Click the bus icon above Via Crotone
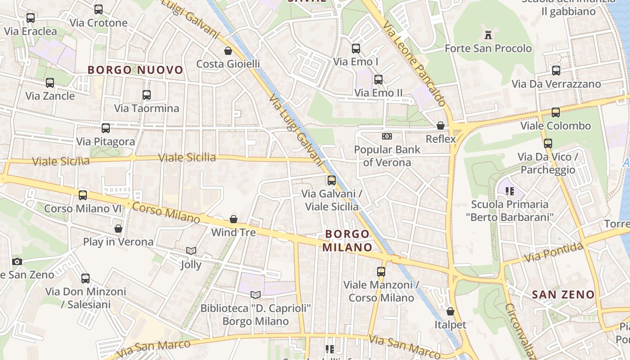pyautogui.click(x=99, y=9)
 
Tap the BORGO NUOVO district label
pyautogui.click(x=135, y=70)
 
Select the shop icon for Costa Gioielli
pyautogui.click(x=228, y=50)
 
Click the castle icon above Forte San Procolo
pyautogui.click(x=488, y=35)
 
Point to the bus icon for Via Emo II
pyautogui.click(x=378, y=80)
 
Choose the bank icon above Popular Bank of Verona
pyautogui.click(x=387, y=136)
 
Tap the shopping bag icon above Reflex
pyautogui.click(x=441, y=126)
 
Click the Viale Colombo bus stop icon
pyautogui.click(x=556, y=112)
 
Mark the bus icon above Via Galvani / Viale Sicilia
pyautogui.click(x=332, y=180)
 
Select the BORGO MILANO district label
pyautogui.click(x=347, y=241)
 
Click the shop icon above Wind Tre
pyautogui.click(x=234, y=219)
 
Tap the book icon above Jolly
pyautogui.click(x=191, y=251)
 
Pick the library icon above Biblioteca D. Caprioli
pyautogui.click(x=256, y=295)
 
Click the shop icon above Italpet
pyautogui.click(x=450, y=311)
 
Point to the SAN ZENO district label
pyautogui.click(x=563, y=295)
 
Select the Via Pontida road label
pyautogui.click(x=554, y=253)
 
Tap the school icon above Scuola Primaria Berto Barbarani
pyautogui.click(x=510, y=191)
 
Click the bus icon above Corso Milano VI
pyautogui.click(x=83, y=195)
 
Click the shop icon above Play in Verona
pyautogui.click(x=118, y=229)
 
